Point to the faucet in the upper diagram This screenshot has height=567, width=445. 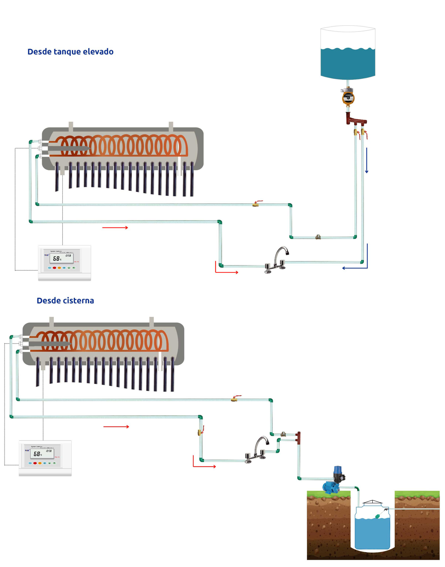[277, 260]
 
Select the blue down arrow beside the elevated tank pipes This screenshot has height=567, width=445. [367, 160]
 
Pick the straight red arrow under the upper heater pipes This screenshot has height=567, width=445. [115, 227]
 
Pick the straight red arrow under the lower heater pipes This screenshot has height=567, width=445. [116, 427]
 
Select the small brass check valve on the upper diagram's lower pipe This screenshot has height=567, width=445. [318, 237]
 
